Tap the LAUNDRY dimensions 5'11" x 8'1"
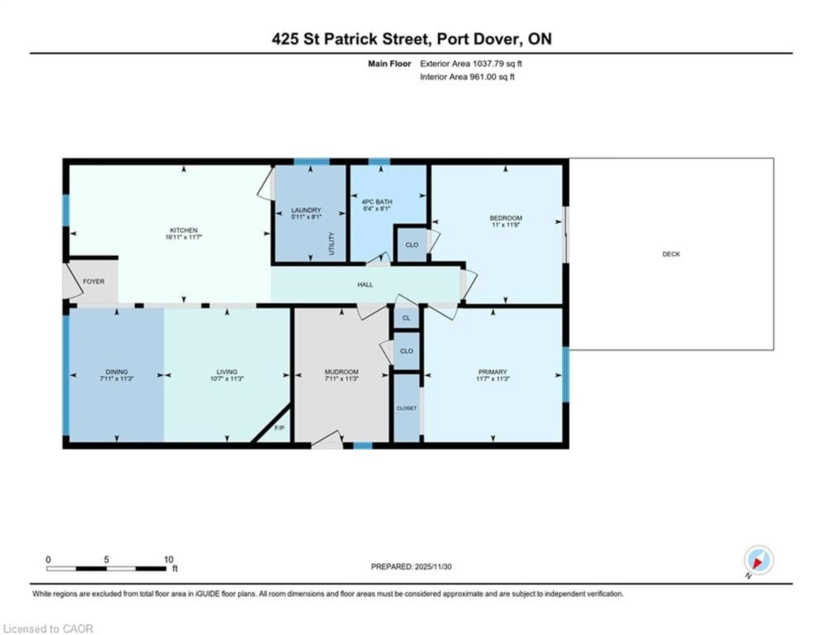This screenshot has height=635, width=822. tap(306, 217)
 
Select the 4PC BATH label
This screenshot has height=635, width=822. tap(377, 202)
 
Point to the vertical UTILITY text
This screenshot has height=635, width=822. tap(331, 244)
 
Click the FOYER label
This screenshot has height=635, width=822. tap(93, 281)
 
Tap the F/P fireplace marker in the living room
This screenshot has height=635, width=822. tap(279, 428)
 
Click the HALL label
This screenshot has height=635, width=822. tap(365, 285)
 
